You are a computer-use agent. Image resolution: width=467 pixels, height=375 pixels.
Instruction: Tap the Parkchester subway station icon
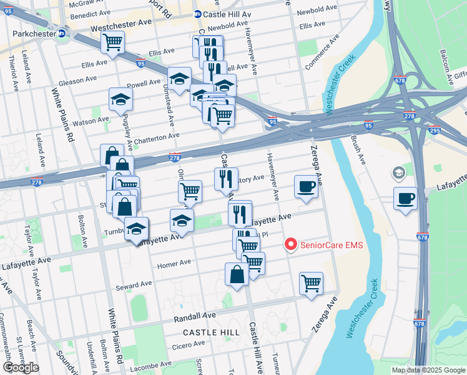(62, 34)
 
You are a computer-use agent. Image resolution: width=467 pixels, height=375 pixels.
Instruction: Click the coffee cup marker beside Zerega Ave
(306, 187)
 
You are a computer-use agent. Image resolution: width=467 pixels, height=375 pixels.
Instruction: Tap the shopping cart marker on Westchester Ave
(112, 42)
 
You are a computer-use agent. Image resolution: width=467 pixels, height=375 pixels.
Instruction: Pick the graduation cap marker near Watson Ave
(120, 99)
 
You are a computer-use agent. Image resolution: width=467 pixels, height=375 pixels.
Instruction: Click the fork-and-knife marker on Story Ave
(226, 179)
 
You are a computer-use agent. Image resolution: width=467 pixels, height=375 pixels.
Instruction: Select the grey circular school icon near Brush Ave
(398, 172)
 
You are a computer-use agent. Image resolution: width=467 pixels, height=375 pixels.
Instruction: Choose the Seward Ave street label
(134, 286)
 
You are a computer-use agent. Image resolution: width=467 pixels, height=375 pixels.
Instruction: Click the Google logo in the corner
(20, 367)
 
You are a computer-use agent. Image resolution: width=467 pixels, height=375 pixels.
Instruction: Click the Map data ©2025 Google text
(428, 370)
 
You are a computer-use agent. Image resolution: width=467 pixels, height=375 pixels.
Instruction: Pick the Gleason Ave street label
(77, 80)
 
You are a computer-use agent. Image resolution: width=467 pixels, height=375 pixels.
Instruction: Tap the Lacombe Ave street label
(152, 364)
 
